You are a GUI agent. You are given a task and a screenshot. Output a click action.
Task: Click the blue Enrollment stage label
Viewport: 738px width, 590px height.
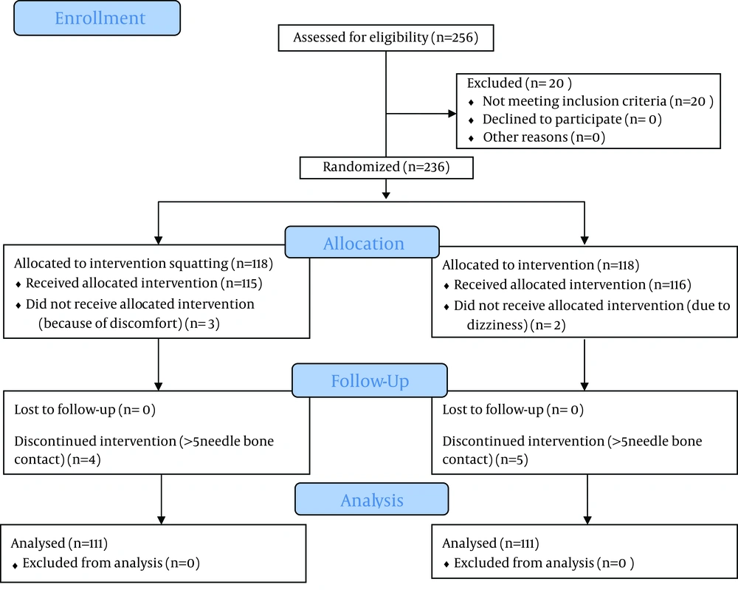(97, 18)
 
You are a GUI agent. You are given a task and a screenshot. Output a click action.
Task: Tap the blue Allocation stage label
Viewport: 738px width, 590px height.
(362, 242)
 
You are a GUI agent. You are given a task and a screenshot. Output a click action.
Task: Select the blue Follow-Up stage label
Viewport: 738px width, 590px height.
(370, 380)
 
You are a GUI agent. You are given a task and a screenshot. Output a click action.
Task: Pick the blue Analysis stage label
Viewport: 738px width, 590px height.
(372, 499)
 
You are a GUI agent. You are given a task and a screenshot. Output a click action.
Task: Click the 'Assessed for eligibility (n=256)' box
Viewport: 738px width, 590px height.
(386, 38)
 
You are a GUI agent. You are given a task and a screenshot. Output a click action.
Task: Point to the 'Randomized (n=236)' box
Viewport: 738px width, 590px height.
(387, 168)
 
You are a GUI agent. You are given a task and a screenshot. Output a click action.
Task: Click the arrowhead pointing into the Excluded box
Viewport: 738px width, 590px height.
(452, 114)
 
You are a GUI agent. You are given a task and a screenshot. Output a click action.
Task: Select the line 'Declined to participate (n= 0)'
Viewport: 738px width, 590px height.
(572, 120)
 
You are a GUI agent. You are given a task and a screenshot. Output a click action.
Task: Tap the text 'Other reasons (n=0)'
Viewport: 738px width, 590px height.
(544, 137)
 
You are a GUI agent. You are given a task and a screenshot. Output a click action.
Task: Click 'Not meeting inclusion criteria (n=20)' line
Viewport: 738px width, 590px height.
(598, 101)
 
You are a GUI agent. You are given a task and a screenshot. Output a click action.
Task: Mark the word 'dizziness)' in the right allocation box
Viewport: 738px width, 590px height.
(497, 325)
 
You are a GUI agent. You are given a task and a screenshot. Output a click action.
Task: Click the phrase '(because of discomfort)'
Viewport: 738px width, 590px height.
(110, 323)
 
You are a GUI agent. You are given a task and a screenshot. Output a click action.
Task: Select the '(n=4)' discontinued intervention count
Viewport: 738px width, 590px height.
(84, 459)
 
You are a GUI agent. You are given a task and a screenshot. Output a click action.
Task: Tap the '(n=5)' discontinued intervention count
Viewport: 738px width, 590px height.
(511, 459)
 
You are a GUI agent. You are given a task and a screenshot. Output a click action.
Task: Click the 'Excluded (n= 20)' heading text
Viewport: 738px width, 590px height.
(519, 83)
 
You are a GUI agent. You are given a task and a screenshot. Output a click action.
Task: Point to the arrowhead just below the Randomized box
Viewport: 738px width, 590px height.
(386, 195)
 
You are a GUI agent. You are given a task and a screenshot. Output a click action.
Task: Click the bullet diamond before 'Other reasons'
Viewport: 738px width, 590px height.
(471, 138)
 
